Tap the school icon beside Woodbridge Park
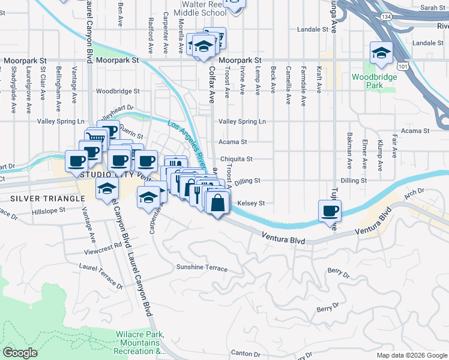tap(381, 53)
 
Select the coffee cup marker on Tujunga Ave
tap(330, 212)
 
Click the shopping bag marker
tap(217, 202)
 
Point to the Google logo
tap(20, 353)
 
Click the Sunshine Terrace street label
tap(202, 268)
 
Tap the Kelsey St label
tap(251, 203)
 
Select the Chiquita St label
tap(236, 159)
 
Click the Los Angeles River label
tap(187, 145)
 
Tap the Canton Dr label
tap(245, 353)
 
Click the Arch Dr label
tap(414, 193)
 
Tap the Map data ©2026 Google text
tap(411, 355)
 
